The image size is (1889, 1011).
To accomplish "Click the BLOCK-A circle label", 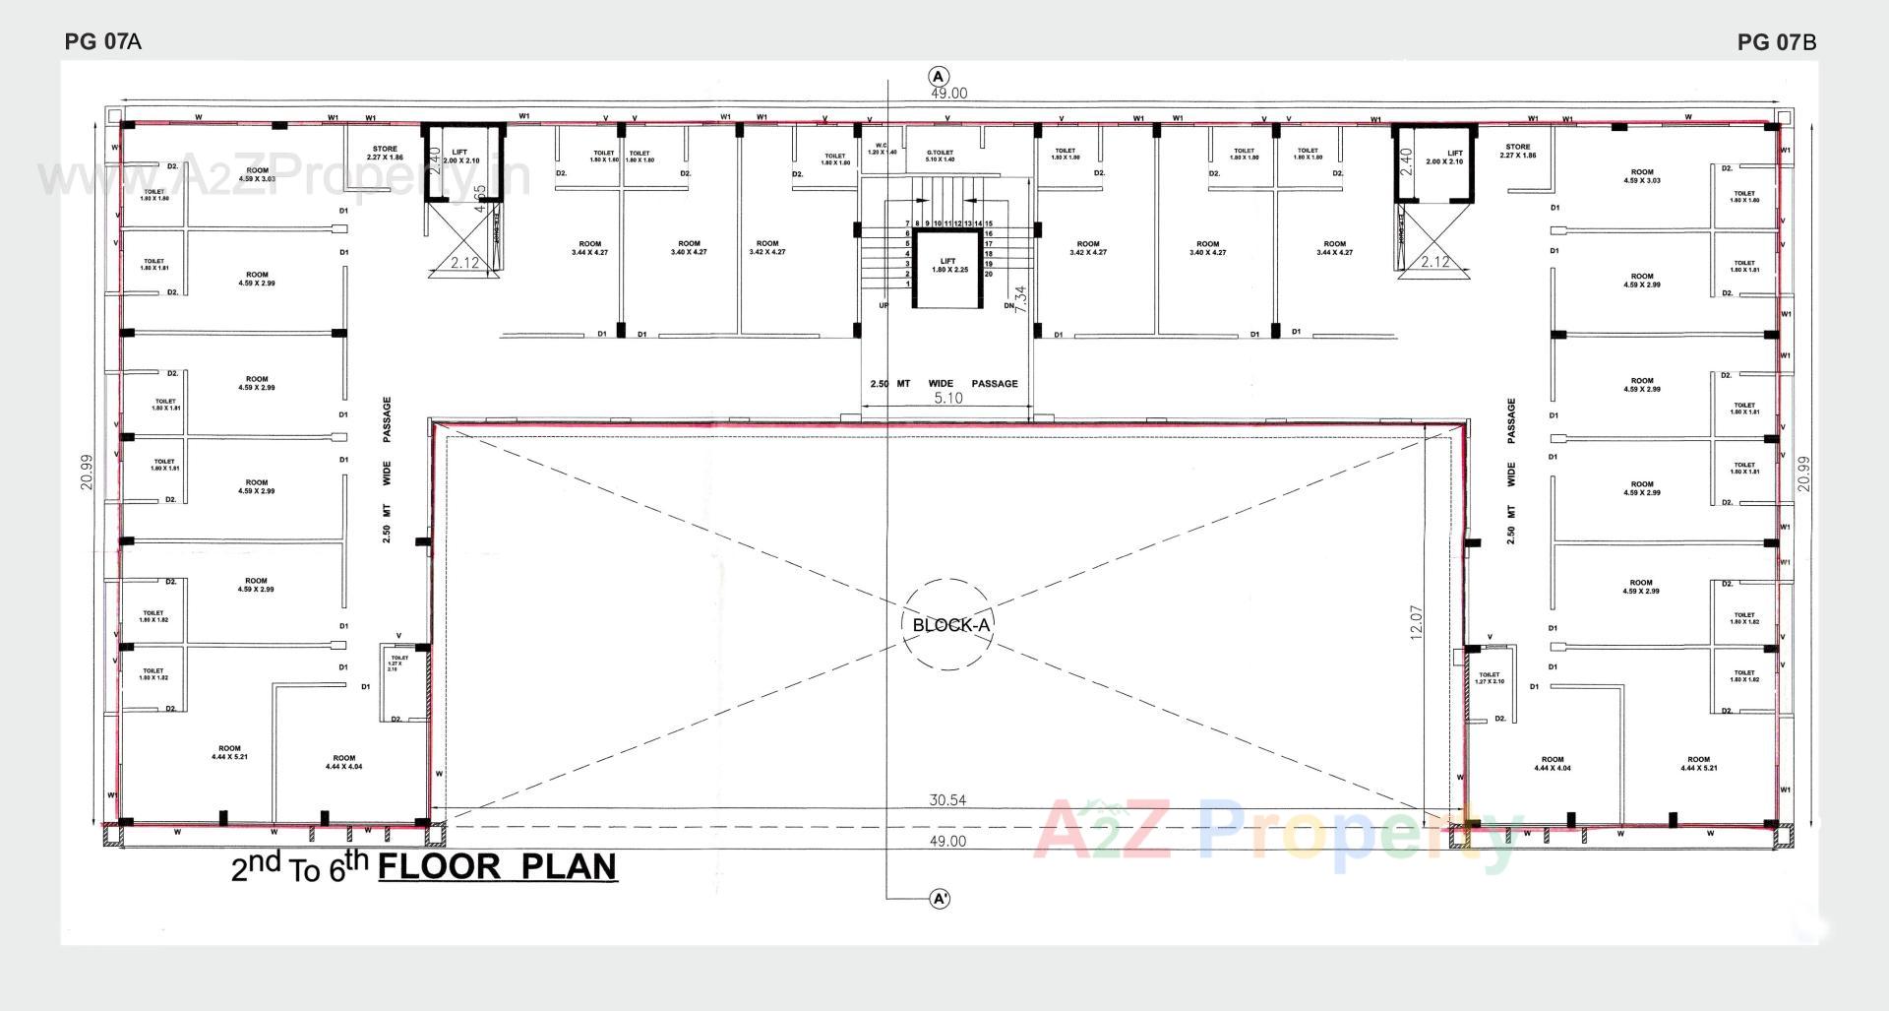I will pos(948,625).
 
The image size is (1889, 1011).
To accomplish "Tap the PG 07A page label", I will pos(102,41).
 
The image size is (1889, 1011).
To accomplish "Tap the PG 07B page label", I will pos(1776,42).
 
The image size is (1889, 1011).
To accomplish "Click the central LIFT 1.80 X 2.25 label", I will pos(948,265).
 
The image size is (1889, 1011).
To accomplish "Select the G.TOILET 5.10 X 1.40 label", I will pos(940,156).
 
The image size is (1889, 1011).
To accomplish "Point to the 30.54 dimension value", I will pos(947,800).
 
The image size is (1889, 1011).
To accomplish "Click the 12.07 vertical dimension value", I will pos(1417,622).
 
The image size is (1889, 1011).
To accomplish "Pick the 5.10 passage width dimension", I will pos(947,398).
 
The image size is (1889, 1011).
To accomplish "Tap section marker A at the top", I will pos(939,77).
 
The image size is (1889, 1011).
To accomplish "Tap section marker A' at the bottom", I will pos(940,899).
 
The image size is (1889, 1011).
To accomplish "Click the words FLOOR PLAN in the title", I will pos(498,866).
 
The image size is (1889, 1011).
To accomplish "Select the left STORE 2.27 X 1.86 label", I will pos(385,154).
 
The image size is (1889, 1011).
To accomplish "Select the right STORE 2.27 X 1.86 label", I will pos(1517,151).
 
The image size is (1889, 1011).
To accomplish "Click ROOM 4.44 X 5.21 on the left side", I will pos(229,752).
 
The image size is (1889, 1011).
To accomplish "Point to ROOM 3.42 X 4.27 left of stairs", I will pos(767,247).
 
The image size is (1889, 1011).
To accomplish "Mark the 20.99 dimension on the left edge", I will pos(88,472).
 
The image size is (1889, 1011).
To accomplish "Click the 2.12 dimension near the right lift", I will pos(1435,262).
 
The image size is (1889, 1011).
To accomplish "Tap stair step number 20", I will pos(989,274).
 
